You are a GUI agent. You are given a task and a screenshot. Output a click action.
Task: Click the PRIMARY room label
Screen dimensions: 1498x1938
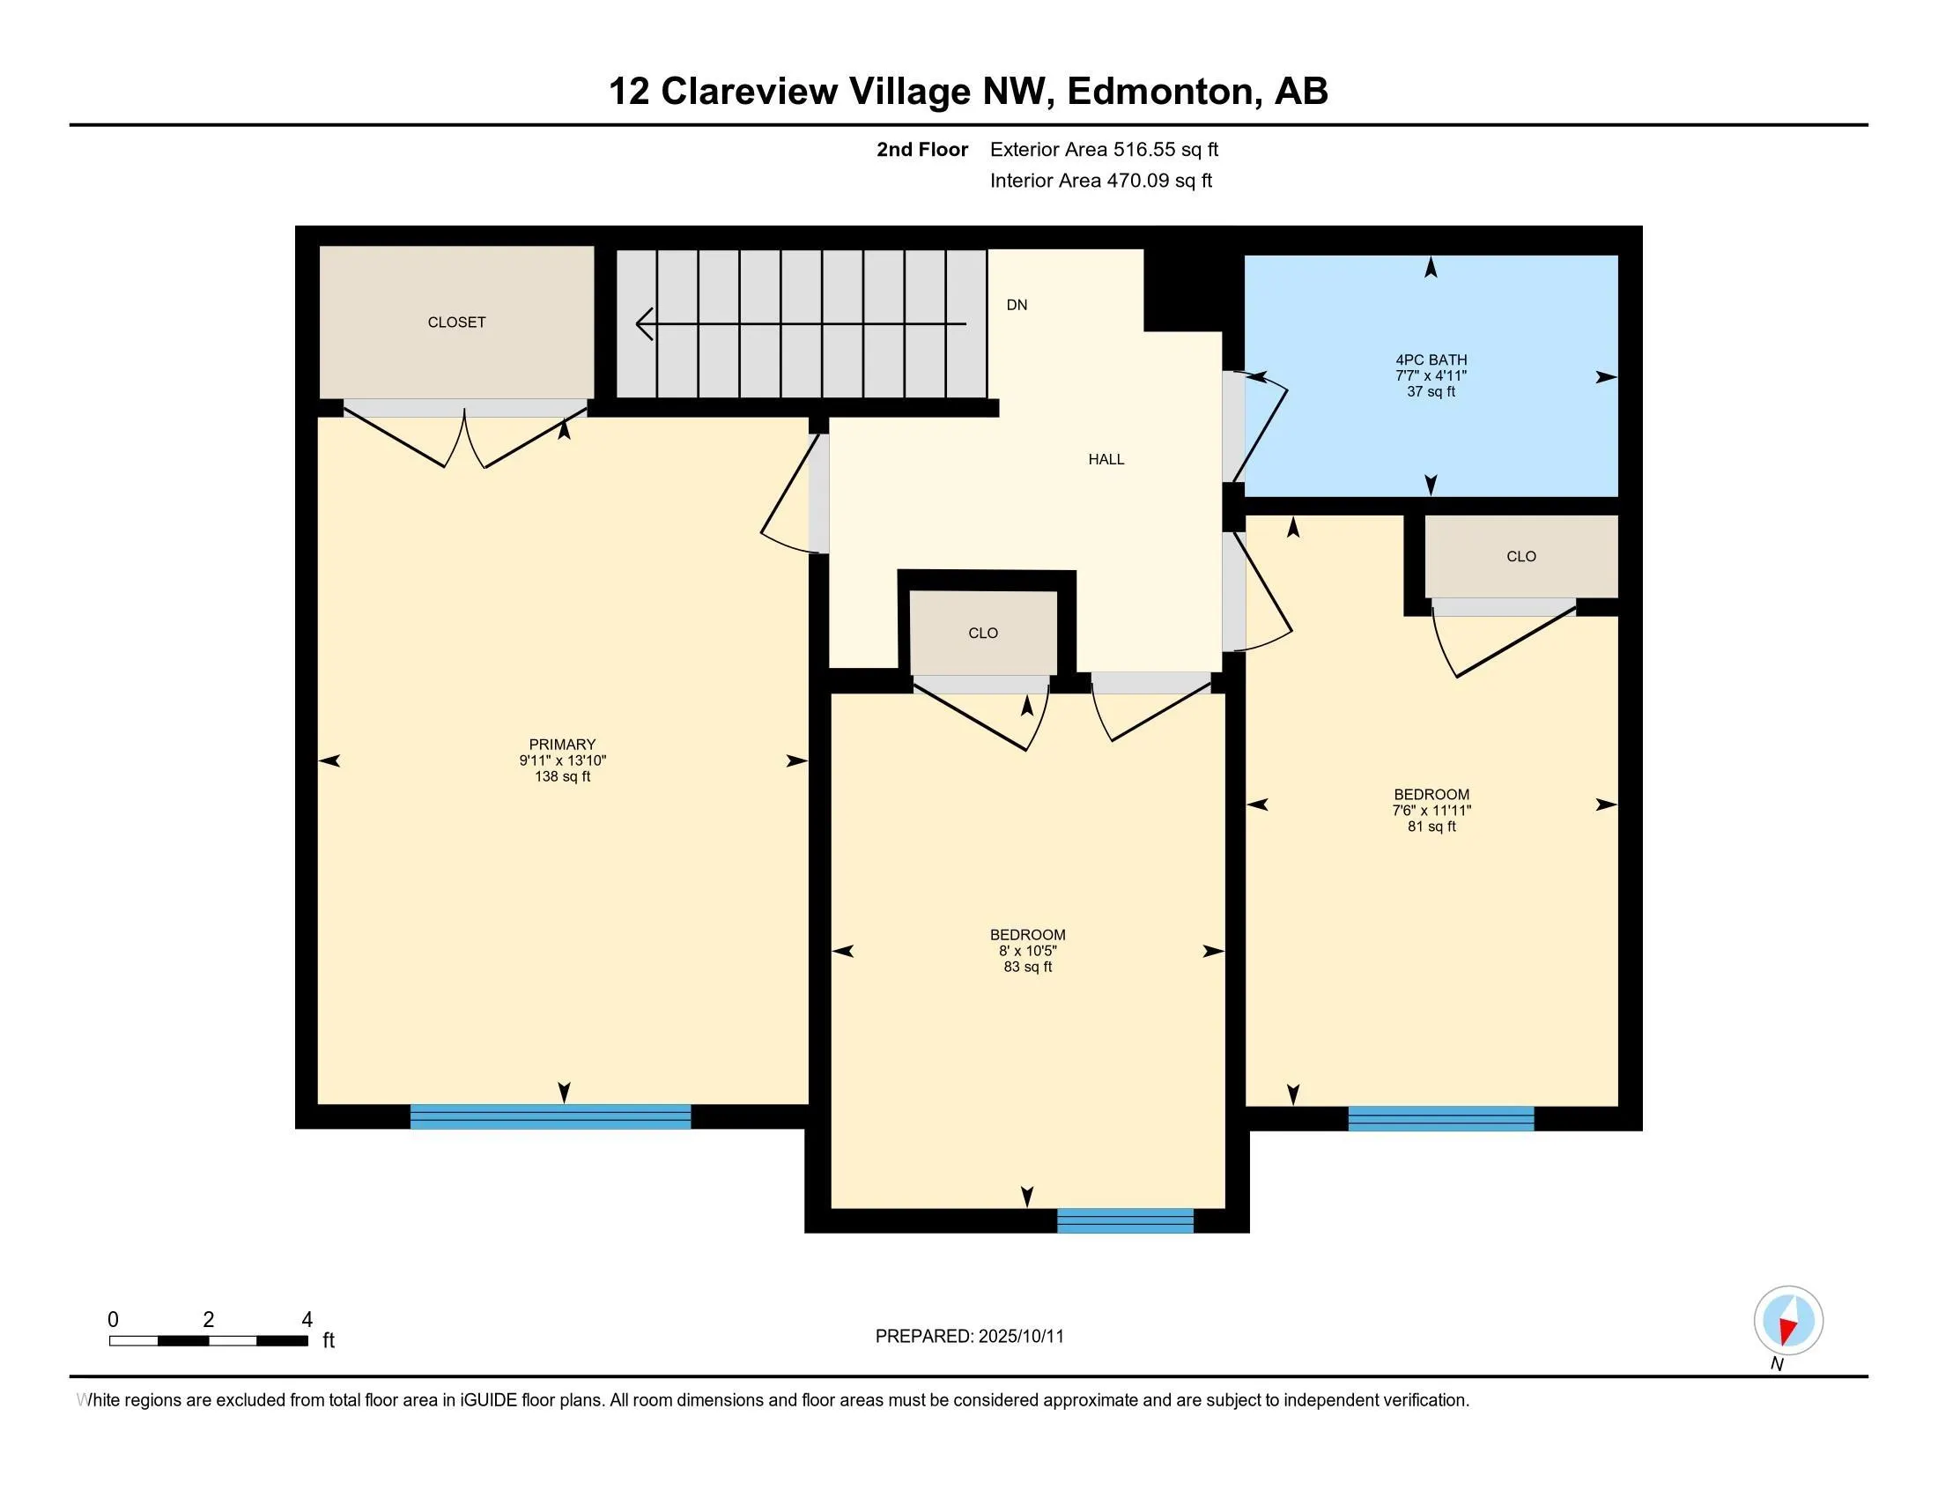562,745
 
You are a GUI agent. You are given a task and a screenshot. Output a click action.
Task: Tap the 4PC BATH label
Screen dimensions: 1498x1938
1431,360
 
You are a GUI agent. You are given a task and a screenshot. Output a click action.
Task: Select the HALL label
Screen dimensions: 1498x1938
1106,459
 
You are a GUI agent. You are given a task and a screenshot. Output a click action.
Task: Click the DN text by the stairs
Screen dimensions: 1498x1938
1016,304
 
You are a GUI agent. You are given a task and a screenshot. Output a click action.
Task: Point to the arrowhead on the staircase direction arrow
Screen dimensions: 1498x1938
644,324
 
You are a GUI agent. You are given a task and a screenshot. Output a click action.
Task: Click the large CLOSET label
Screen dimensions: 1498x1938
456,323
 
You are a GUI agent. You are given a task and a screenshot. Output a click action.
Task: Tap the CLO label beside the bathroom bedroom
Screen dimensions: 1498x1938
1520,556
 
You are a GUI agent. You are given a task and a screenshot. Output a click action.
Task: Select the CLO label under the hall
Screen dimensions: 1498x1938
982,633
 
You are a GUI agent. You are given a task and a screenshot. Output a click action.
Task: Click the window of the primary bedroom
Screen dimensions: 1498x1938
551,1116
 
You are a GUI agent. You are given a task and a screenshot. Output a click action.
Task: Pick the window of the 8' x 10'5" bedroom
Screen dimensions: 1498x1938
1124,1220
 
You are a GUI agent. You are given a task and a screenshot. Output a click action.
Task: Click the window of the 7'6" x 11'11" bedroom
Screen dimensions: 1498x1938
1440,1118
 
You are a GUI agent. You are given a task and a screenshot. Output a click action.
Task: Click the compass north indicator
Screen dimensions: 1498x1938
1788,1322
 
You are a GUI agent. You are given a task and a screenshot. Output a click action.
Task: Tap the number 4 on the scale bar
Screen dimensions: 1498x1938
307,1320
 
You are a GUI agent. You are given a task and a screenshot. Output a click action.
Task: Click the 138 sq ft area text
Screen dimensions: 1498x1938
562,776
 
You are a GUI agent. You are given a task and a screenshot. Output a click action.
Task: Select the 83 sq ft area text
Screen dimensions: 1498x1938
1027,967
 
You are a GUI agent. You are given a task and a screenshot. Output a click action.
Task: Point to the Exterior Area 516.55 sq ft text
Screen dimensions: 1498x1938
1104,149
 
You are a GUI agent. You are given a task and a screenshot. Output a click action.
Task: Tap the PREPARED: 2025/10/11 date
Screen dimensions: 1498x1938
969,1337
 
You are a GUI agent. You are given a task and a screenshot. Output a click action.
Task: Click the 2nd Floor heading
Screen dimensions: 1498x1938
922,149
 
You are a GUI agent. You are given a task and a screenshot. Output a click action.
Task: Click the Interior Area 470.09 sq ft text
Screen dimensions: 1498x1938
1100,180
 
